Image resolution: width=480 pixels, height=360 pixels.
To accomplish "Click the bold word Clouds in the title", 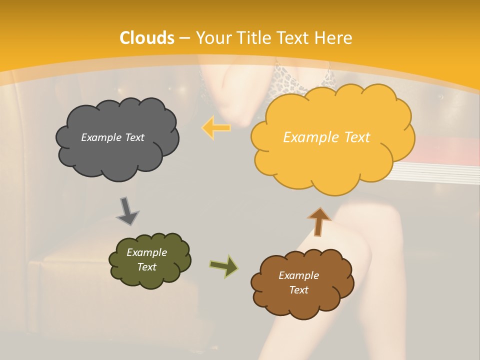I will pyautogui.click(x=147, y=38).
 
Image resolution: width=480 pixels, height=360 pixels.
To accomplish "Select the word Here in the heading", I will pyautogui.click(x=334, y=38).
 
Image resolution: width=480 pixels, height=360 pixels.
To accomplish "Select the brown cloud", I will pyautogui.click(x=302, y=300).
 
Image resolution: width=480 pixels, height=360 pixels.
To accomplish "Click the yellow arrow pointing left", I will pyautogui.click(x=216, y=127).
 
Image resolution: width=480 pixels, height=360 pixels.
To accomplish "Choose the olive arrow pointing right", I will pyautogui.click(x=223, y=266).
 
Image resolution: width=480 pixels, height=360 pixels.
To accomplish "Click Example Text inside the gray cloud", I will pyautogui.click(x=112, y=137).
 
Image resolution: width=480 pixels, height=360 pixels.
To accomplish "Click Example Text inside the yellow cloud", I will pyautogui.click(x=326, y=137).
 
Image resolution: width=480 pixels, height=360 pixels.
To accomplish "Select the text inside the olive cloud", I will pyautogui.click(x=146, y=259).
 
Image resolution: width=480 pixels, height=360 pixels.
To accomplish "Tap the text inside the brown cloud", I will pyautogui.click(x=298, y=282).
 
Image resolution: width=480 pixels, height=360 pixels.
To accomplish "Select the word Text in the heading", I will pyautogui.click(x=295, y=38).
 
